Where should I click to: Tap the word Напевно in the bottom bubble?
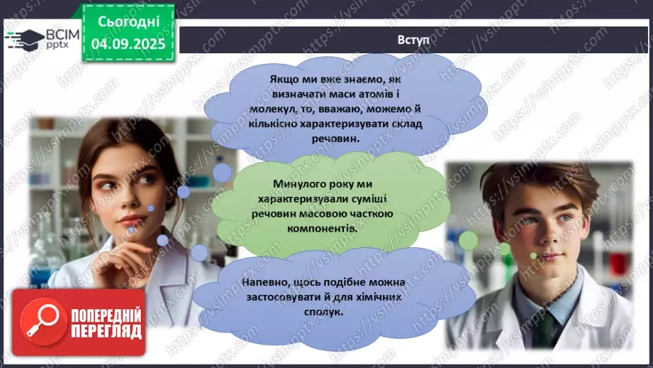point(265,282)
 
